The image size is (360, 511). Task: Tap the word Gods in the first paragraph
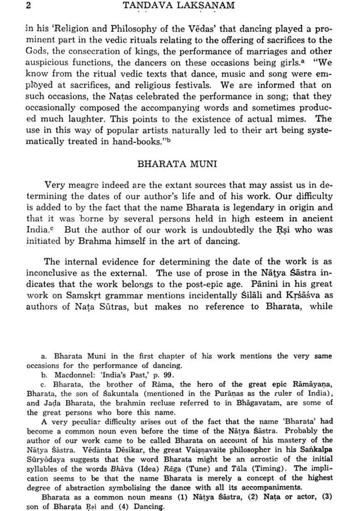[x=36, y=51]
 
